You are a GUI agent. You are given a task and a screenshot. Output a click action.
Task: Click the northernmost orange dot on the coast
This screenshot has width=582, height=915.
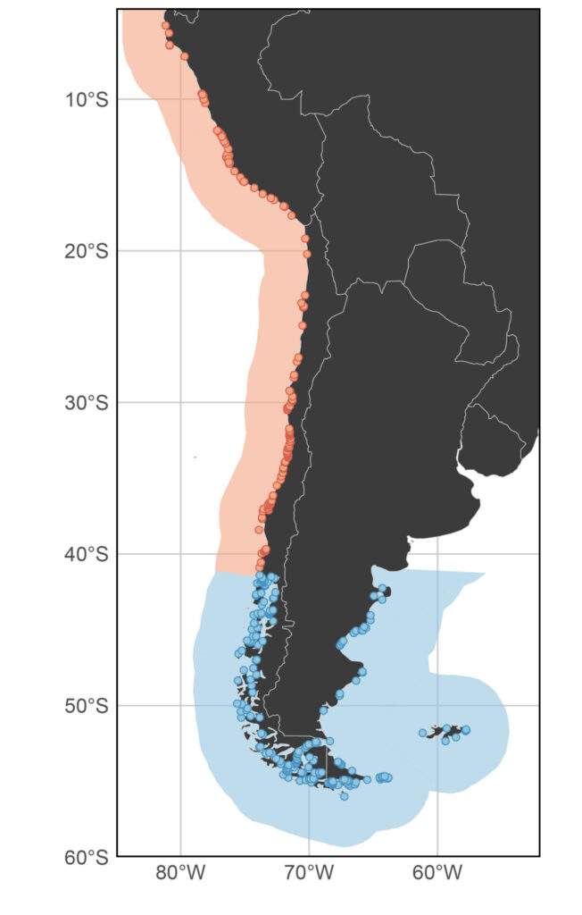(x=165, y=25)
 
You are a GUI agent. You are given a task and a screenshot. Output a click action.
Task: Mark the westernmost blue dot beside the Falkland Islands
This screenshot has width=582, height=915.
(x=422, y=733)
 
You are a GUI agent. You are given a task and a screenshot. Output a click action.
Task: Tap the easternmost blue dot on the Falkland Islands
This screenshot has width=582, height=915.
(x=466, y=730)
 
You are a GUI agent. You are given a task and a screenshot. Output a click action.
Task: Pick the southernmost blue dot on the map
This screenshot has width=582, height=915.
(x=345, y=795)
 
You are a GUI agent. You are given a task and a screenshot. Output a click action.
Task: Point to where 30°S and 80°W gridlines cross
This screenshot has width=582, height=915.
(x=181, y=402)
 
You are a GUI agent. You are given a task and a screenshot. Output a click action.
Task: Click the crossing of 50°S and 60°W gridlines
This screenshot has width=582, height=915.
(x=438, y=705)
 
